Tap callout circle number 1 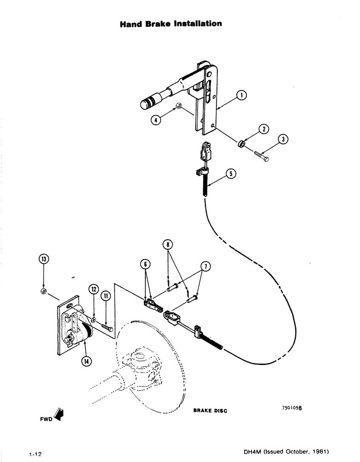(x=241, y=96)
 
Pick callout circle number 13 (x=43, y=259)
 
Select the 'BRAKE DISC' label (x=210, y=410)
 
